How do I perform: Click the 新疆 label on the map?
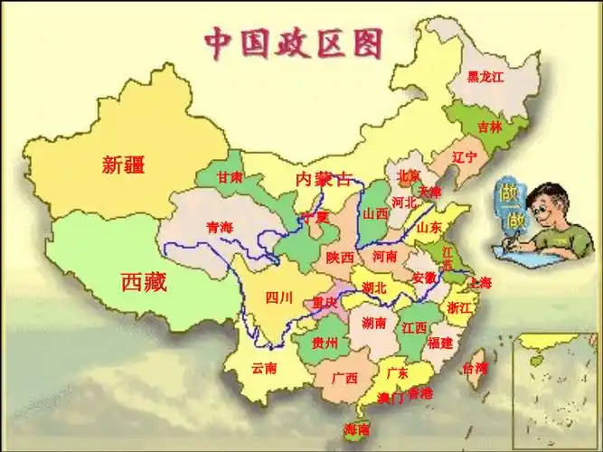124,165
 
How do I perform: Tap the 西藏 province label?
145,282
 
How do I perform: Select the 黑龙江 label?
485,78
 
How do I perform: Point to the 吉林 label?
490,127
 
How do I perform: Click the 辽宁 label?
464,156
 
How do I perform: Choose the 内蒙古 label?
323,179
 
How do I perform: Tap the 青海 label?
220,227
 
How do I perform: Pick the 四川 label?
279,297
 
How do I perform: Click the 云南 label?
264,368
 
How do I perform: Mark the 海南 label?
357,428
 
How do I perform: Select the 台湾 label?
475,368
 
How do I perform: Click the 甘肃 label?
230,178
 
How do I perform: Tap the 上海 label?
481,283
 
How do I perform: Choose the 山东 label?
429,228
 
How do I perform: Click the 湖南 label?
374,323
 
